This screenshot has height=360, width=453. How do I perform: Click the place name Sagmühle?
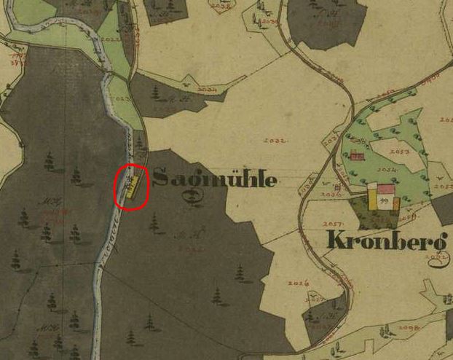(x=216, y=178)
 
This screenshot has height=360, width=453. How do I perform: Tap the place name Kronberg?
(x=386, y=240)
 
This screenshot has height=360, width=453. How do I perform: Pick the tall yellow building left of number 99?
(x=371, y=197)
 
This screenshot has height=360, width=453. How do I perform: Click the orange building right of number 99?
(x=395, y=204)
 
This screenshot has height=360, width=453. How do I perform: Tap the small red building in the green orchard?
(x=356, y=155)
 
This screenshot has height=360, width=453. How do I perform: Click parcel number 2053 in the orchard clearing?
(x=398, y=151)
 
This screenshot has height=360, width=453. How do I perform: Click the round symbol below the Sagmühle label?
(x=193, y=195)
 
